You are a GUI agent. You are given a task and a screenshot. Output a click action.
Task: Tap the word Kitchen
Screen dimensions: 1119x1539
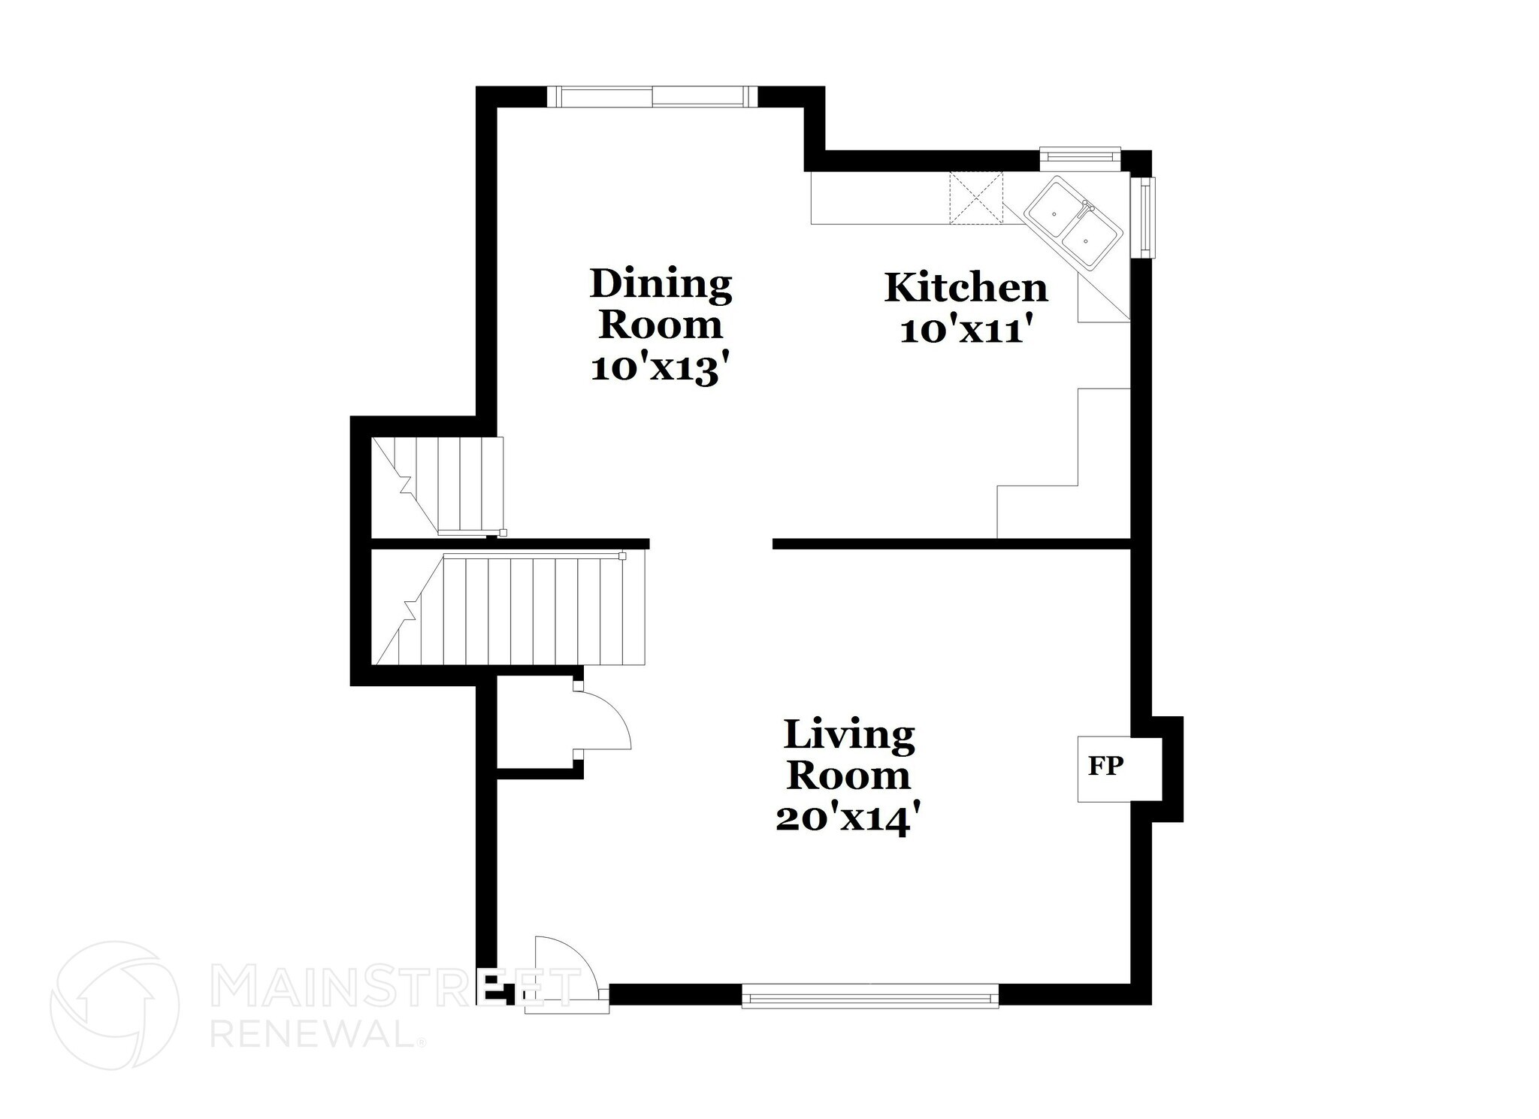[966, 288]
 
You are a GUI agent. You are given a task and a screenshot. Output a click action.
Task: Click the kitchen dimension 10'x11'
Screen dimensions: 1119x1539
[964, 331]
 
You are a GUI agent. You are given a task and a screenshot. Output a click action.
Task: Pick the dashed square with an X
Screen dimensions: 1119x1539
[976, 198]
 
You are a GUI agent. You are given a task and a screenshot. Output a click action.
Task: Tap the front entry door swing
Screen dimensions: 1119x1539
[567, 969]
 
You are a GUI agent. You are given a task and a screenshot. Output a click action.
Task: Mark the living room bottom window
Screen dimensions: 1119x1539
[870, 997]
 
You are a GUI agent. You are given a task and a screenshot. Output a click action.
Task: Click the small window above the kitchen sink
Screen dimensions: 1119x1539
[1080, 156]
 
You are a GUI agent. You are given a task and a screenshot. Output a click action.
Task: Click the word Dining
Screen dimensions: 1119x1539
[661, 285]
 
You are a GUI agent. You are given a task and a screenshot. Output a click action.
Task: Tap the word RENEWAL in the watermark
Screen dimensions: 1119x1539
[311, 1036]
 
